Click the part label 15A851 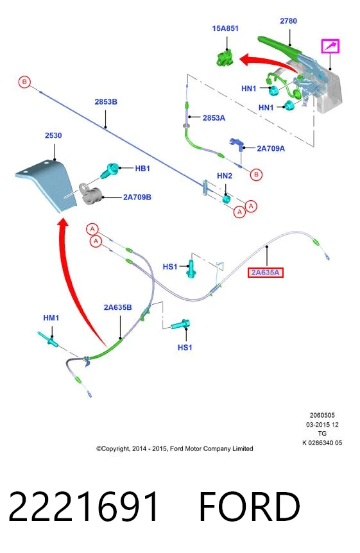(225, 28)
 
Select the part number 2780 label (288, 21)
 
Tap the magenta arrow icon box (330, 46)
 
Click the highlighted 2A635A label (266, 272)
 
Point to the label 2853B (106, 101)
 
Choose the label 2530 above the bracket (53, 135)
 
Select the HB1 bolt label (142, 169)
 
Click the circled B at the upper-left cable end (24, 82)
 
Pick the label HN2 (225, 176)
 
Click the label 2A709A (271, 148)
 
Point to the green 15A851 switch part (225, 58)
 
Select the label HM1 (51, 318)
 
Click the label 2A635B (118, 307)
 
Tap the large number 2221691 (83, 506)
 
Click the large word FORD (249, 506)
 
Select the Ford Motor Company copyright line (175, 448)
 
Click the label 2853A (214, 118)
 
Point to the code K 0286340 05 (322, 443)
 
